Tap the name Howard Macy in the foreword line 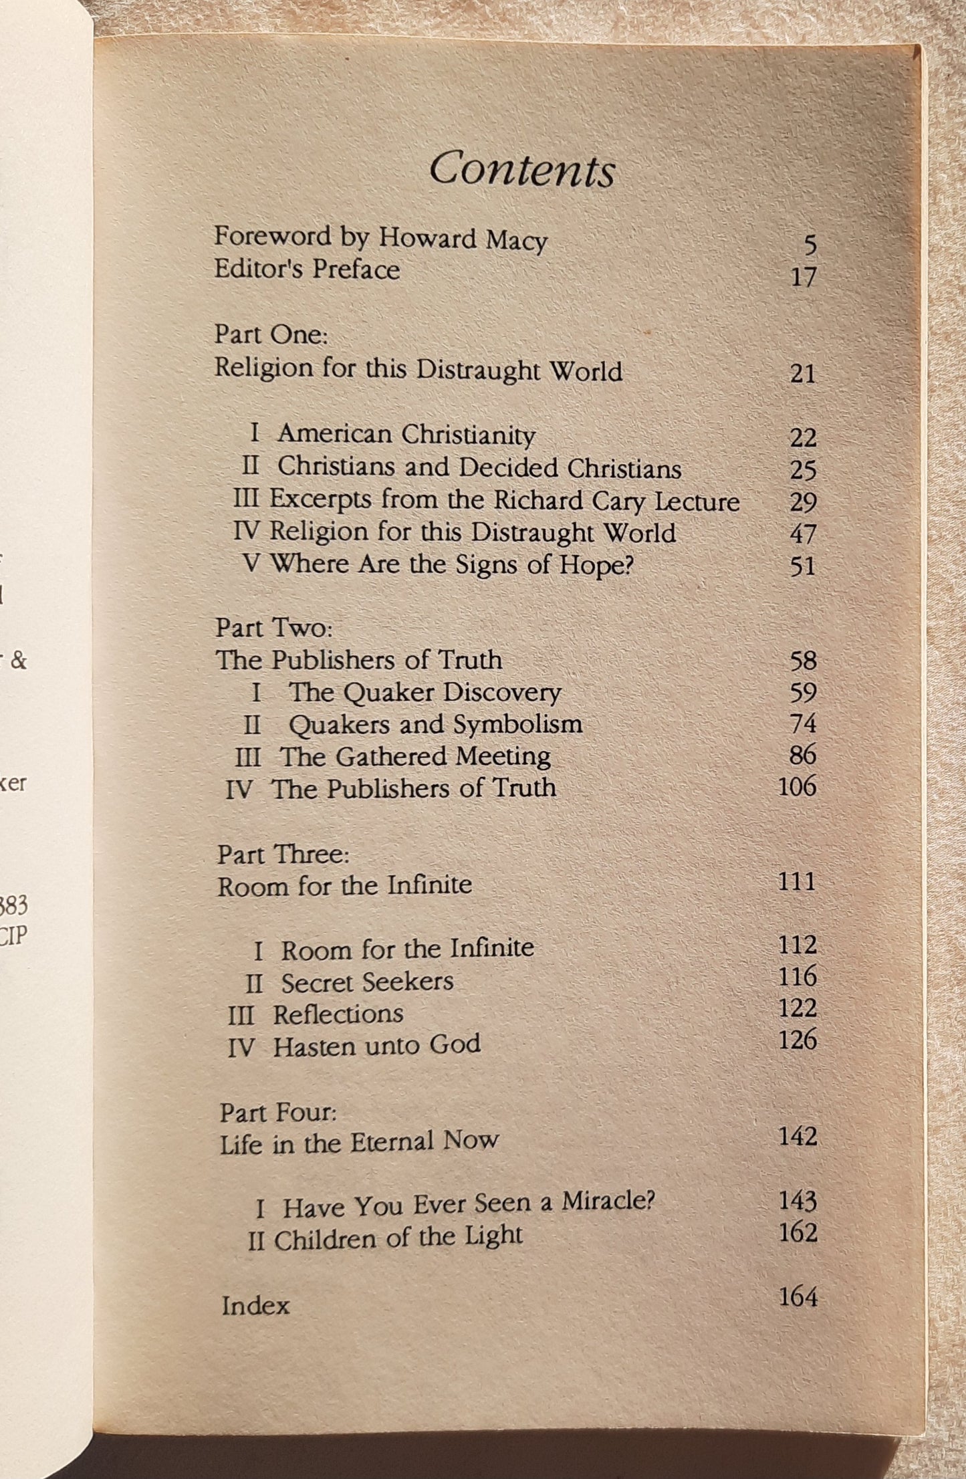[463, 239]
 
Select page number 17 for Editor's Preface [803, 276]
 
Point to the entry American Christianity [406, 435]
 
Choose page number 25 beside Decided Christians [803, 471]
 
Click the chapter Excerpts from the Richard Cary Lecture [505, 501]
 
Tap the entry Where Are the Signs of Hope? [451, 565]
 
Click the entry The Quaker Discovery [425, 693]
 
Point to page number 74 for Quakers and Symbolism [803, 724]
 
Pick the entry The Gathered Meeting [415, 756]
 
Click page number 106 [798, 787]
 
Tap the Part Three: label [284, 855]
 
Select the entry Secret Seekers [367, 982]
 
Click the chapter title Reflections [338, 1014]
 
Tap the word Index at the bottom [255, 1306]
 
